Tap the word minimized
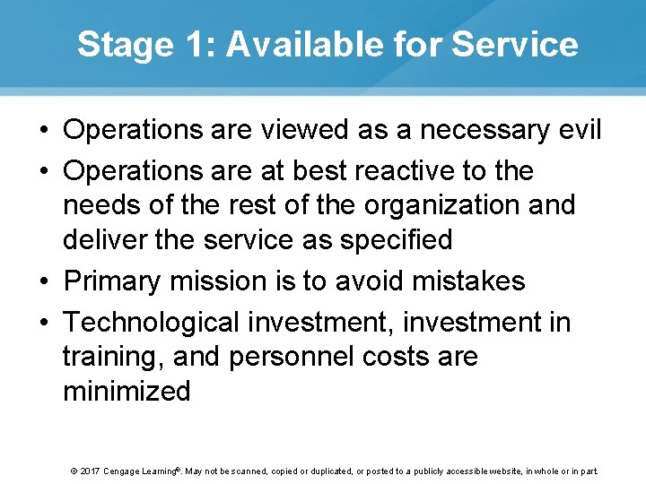127,391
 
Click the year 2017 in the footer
92,471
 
